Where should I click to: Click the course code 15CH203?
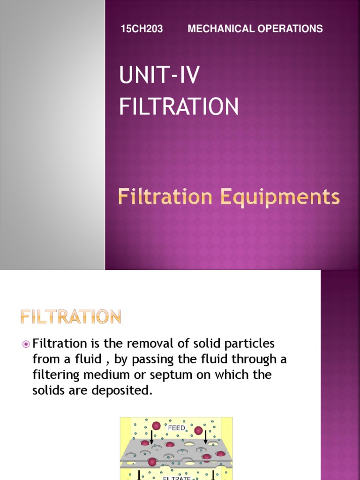tap(142, 29)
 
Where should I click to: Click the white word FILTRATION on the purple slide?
tap(179, 106)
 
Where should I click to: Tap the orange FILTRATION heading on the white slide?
tap(71, 317)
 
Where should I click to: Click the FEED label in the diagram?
tap(176, 427)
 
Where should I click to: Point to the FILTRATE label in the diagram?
tap(176, 477)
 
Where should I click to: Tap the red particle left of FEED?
tap(157, 426)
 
